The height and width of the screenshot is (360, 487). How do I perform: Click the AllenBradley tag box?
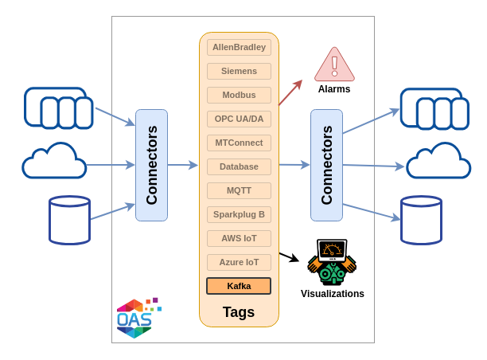coord(239,47)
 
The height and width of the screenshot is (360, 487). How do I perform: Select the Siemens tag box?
coord(239,71)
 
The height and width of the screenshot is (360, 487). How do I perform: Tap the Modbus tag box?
coord(239,95)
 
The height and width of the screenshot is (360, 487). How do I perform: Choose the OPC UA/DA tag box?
coord(239,119)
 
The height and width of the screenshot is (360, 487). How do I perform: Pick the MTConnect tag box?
coord(239,143)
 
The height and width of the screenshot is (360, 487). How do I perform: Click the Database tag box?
coord(239,166)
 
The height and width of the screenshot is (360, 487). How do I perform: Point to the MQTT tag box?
coord(239,190)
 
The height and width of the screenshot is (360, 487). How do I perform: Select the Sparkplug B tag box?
coord(239,214)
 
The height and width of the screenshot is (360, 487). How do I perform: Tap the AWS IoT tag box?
coord(239,238)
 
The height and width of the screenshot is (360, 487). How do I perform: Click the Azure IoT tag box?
coord(239,262)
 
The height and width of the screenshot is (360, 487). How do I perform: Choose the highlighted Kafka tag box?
coord(239,286)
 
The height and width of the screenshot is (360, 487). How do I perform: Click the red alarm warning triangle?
coord(334,65)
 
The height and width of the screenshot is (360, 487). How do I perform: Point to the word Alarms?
coord(334,89)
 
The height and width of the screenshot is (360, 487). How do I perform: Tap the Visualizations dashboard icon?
coord(332,261)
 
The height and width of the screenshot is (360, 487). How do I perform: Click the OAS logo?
coord(137,319)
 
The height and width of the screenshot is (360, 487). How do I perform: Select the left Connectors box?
coord(151,165)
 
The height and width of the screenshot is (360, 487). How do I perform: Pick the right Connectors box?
coord(326,165)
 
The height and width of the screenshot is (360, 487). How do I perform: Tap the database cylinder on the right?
coord(421,220)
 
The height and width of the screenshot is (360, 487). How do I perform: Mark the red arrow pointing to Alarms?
coord(290,93)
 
